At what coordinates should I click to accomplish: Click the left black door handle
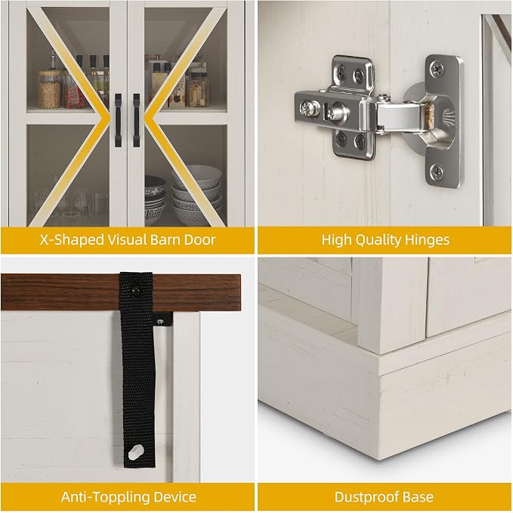[118, 120]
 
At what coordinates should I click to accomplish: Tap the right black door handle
[137, 120]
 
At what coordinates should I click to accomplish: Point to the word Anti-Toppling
[105, 497]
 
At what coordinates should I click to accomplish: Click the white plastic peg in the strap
[135, 452]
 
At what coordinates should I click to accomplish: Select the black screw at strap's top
[136, 289]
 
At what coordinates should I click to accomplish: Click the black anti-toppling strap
[138, 369]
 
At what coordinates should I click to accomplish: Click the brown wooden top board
[121, 292]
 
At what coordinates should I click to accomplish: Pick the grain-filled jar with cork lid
[49, 89]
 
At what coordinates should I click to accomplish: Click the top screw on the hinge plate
[437, 69]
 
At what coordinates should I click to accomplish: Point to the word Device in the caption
[175, 497]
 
